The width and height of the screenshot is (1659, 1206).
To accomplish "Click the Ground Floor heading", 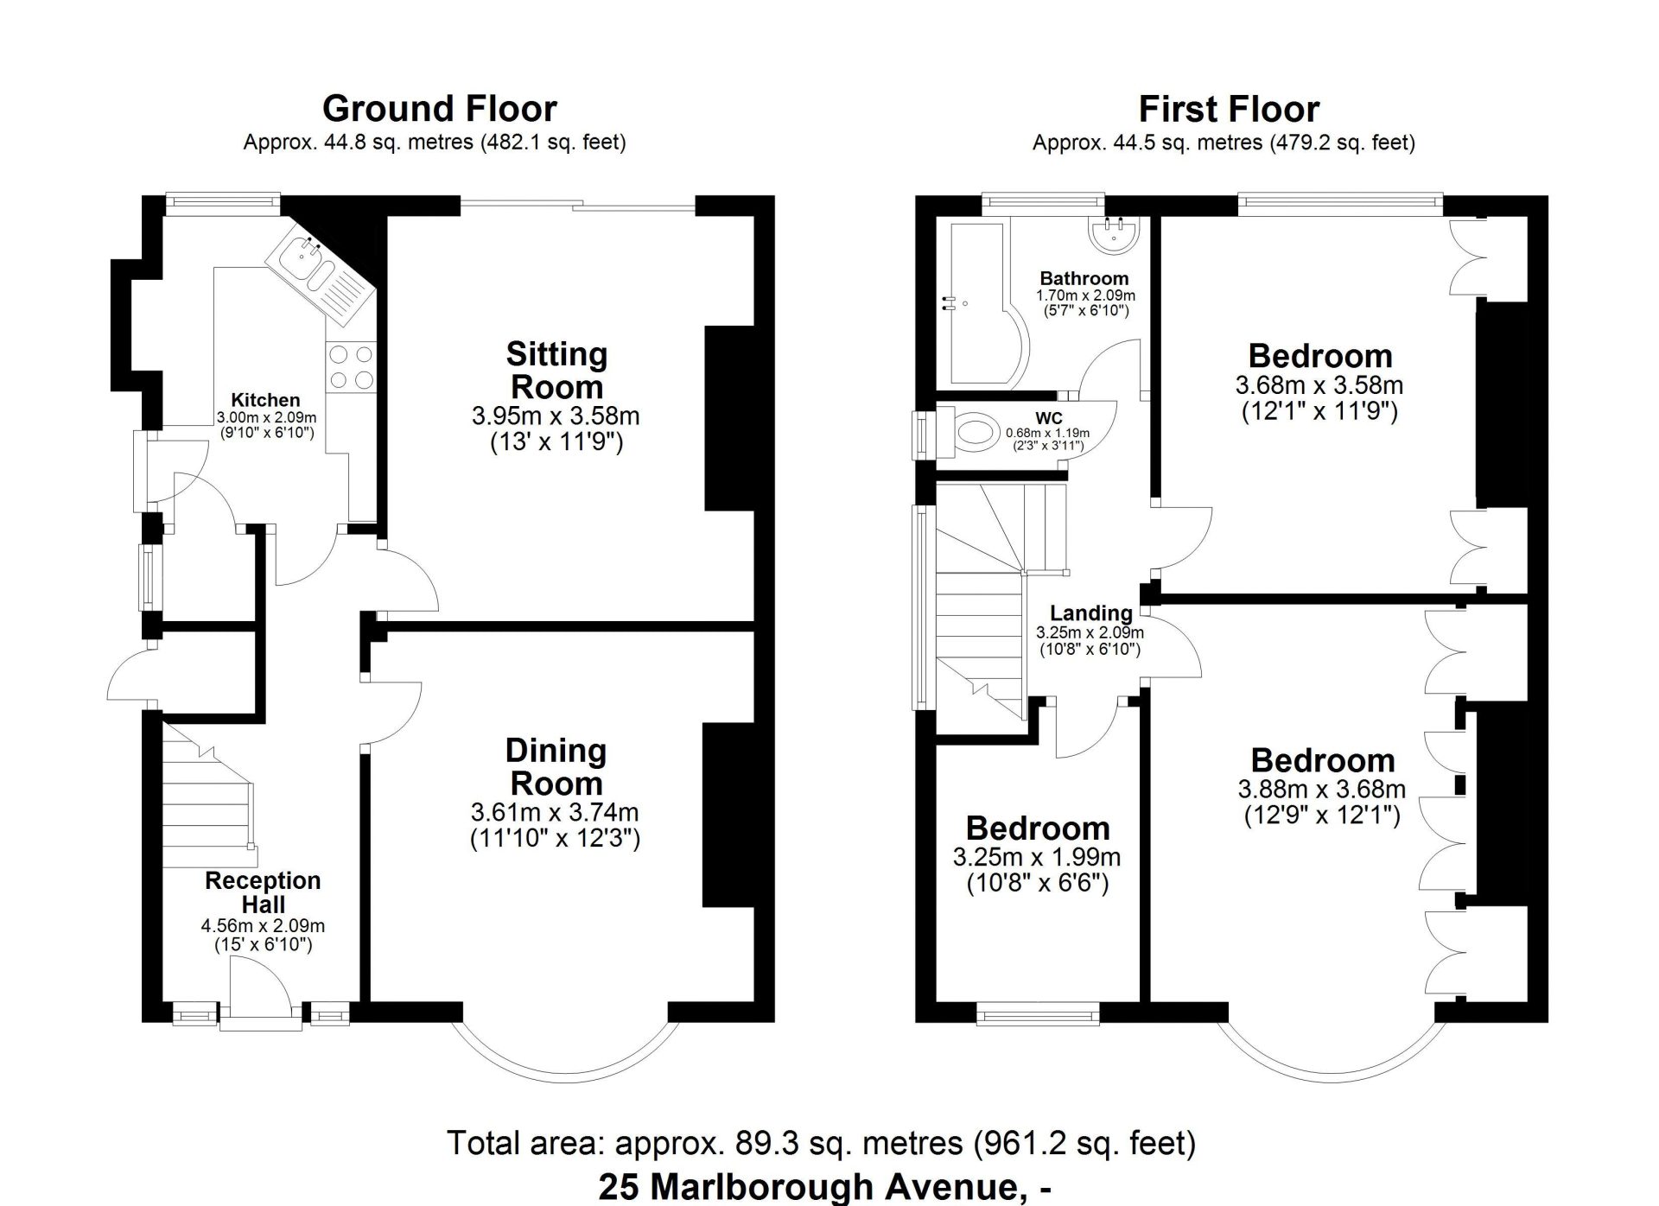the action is pyautogui.click(x=439, y=109).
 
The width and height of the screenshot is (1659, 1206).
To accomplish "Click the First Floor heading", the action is pyautogui.click(x=1229, y=109).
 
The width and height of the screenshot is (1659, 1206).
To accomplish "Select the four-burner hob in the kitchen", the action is pyautogui.click(x=351, y=366).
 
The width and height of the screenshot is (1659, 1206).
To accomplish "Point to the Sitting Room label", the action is pyautogui.click(x=556, y=371).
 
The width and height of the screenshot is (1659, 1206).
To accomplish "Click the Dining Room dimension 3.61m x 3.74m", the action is pyautogui.click(x=555, y=812).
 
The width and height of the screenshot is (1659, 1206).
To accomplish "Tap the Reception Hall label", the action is pyautogui.click(x=263, y=892).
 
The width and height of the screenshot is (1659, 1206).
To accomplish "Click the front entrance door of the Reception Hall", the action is pyautogui.click(x=259, y=993).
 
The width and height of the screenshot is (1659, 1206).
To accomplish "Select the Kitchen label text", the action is pyautogui.click(x=265, y=400).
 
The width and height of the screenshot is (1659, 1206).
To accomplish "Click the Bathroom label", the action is pyautogui.click(x=1084, y=278).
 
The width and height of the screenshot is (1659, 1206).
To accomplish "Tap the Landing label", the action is pyautogui.click(x=1091, y=613).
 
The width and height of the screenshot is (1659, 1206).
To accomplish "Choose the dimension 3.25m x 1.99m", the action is pyautogui.click(x=1037, y=857).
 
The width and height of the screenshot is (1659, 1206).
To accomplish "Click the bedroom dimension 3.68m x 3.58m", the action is pyautogui.click(x=1319, y=385).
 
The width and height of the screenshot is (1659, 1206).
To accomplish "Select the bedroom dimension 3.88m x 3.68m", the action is pyautogui.click(x=1322, y=789).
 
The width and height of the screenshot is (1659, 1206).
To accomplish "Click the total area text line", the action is pyautogui.click(x=821, y=1144).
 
